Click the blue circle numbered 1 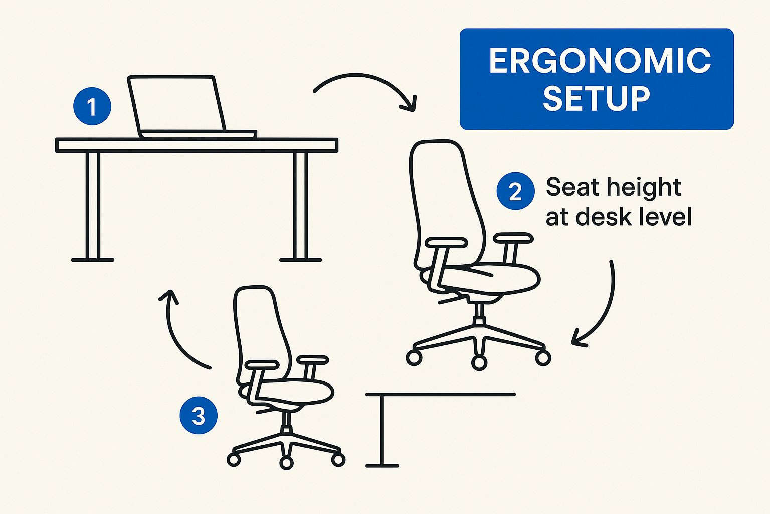click(x=92, y=106)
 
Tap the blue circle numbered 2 click(x=515, y=191)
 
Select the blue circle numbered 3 click(x=199, y=415)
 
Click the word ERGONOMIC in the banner click(x=600, y=61)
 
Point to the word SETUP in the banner click(x=597, y=98)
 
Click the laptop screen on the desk click(x=177, y=103)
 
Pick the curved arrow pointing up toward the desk click(x=175, y=337)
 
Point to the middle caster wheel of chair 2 click(x=479, y=363)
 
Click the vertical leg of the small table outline click(x=381, y=430)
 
